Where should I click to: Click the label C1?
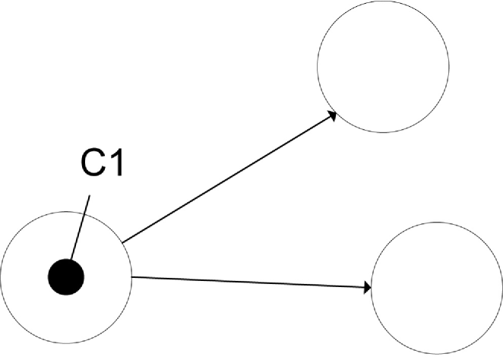click(100, 165)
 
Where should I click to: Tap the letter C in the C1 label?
click(90, 165)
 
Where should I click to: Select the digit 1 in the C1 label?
click(113, 165)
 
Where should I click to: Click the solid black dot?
click(65, 276)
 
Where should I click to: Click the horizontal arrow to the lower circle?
click(251, 282)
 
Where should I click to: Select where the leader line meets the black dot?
click(71, 261)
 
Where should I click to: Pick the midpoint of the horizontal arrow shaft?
click(251, 282)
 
